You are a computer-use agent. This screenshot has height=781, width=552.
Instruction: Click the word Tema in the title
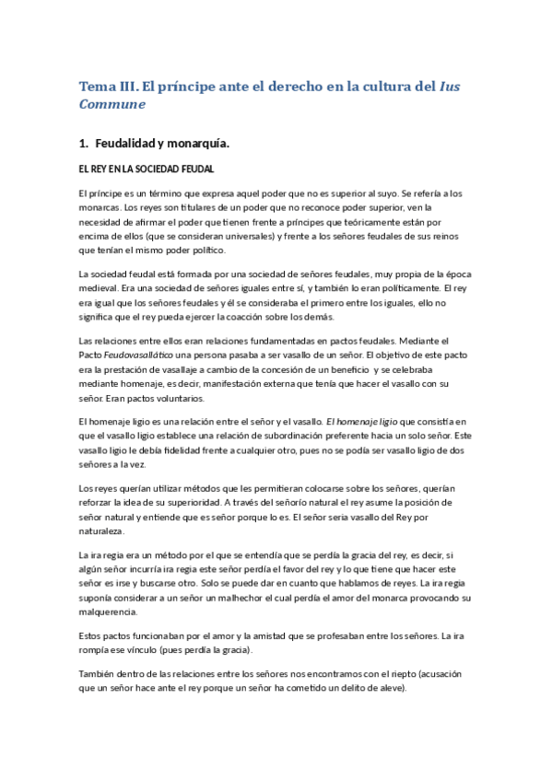point(95,87)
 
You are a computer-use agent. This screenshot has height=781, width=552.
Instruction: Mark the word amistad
point(283,636)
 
